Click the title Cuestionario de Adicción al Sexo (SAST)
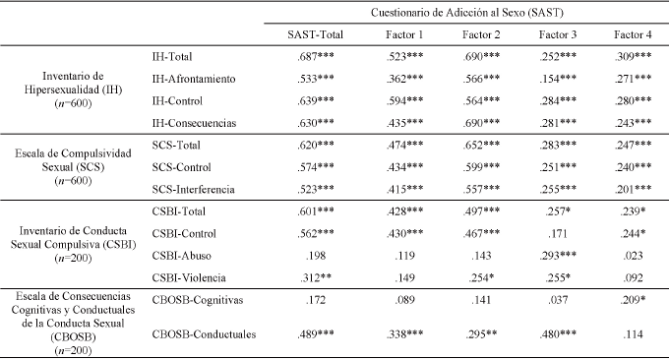[x=467, y=12]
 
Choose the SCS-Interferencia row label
[x=195, y=188]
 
